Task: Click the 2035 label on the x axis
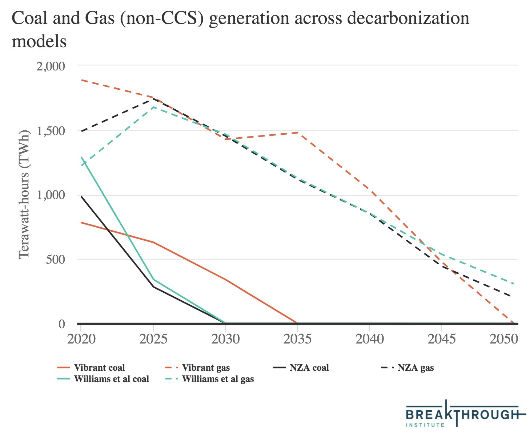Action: point(297,339)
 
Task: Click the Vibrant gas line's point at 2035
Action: point(297,133)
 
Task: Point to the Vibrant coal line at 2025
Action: point(153,242)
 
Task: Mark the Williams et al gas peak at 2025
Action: point(153,107)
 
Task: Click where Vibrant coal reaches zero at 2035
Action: point(297,323)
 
